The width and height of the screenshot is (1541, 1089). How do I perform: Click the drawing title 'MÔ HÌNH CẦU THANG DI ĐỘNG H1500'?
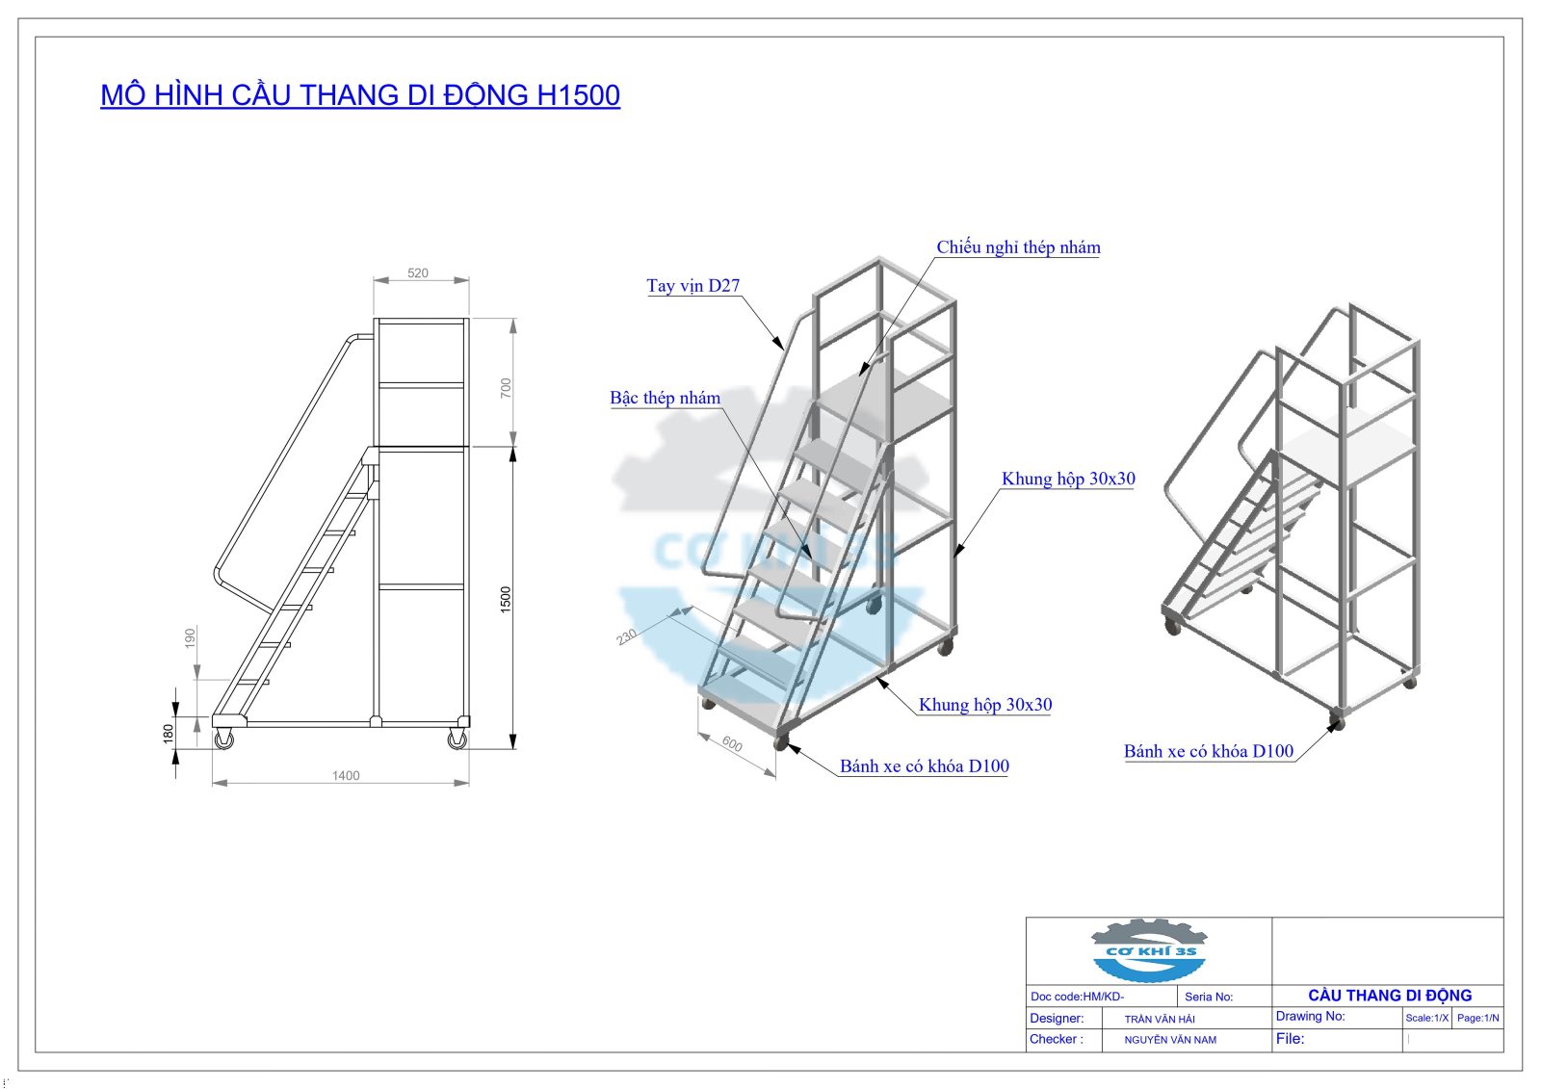tap(360, 95)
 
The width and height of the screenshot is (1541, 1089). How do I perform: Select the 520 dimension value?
tap(418, 273)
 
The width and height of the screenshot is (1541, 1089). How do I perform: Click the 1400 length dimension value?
tap(346, 776)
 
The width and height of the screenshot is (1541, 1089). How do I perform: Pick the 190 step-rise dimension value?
tap(190, 636)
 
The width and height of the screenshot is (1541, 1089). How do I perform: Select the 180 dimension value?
tap(169, 734)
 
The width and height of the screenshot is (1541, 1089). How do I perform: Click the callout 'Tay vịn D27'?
tap(693, 286)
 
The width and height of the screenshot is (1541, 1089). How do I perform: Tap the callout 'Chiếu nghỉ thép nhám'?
tap(1018, 247)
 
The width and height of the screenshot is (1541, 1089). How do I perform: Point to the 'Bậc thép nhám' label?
tap(665, 399)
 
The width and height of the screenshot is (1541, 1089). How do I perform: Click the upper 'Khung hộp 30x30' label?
tap(1068, 480)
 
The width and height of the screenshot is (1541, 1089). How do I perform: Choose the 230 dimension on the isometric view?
tap(627, 636)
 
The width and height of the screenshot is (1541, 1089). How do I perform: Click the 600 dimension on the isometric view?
tap(732, 744)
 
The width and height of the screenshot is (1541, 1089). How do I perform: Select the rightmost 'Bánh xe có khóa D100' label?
tap(1208, 752)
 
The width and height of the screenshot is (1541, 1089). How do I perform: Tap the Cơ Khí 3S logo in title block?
tap(1148, 950)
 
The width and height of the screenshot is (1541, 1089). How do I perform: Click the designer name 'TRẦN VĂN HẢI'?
tap(1160, 1019)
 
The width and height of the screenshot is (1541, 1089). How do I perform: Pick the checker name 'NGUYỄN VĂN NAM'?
tap(1170, 1040)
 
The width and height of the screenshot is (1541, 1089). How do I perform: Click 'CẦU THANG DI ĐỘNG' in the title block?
tap(1389, 996)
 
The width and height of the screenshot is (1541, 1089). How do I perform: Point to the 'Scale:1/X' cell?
tap(1426, 1018)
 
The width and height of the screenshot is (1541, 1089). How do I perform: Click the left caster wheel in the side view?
tap(224, 739)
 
